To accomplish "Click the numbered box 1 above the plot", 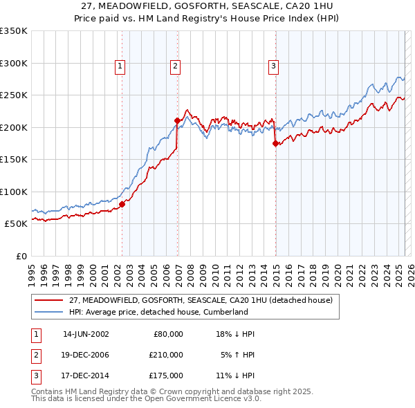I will [120, 66].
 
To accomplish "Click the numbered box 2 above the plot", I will [176, 66].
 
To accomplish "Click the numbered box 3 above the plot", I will [273, 66].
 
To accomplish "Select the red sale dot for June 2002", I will [122, 204].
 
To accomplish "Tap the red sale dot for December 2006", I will [177, 120].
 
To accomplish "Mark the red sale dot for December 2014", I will [275, 143].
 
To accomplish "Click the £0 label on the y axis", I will [21, 256].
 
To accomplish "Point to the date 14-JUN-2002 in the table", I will [86, 334].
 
